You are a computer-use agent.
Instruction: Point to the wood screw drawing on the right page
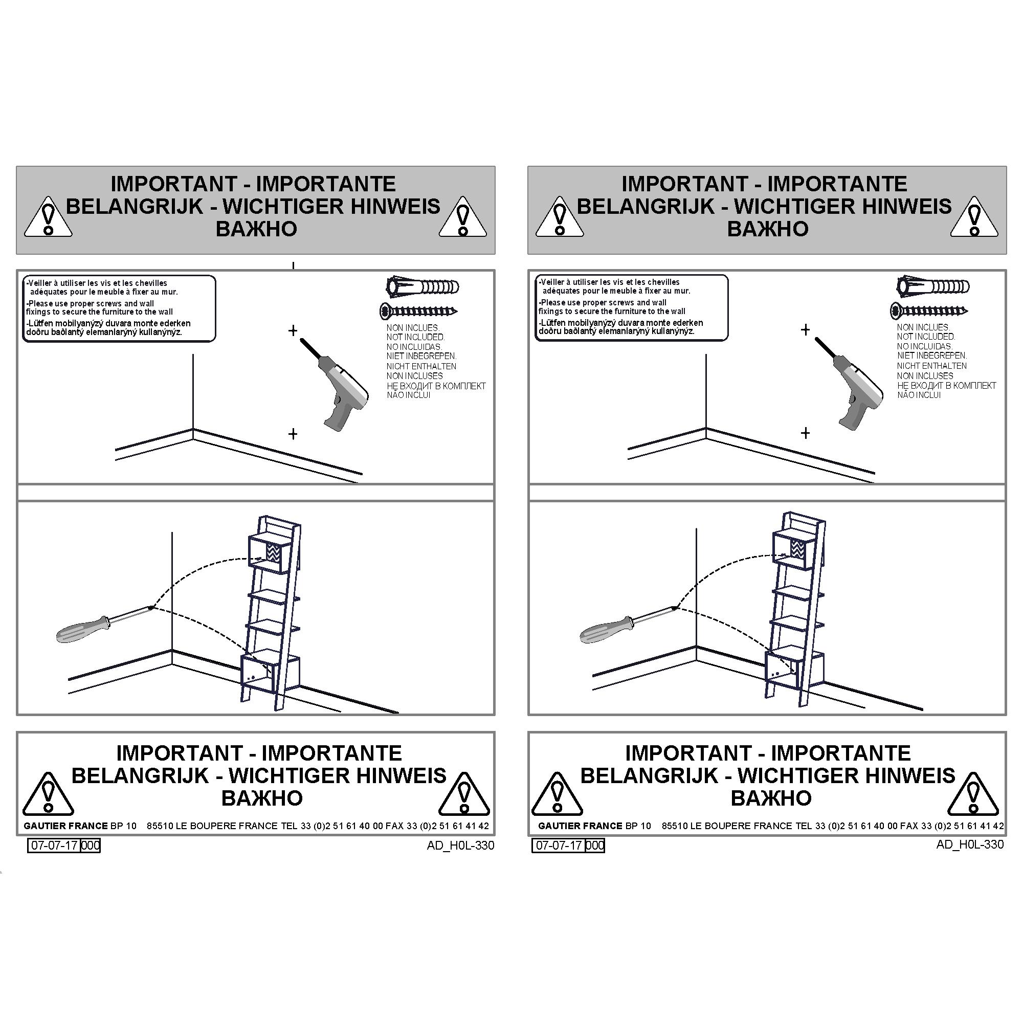tap(929, 311)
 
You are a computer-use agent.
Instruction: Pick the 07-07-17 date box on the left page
tap(54, 845)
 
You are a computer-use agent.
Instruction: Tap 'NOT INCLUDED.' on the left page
tap(416, 337)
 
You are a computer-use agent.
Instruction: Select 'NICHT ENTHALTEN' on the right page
tap(932, 366)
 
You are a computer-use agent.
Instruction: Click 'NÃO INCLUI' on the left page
tap(408, 395)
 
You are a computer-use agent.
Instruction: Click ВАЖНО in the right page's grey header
tap(768, 229)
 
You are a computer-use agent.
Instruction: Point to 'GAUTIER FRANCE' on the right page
tap(580, 826)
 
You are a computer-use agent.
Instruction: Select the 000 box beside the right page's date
tap(595, 845)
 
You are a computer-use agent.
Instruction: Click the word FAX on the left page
tap(394, 826)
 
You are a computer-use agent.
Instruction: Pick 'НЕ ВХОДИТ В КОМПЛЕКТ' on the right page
tap(947, 386)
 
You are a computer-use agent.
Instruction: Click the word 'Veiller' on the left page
tap(40, 283)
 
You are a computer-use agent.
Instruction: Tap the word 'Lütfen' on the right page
tap(552, 322)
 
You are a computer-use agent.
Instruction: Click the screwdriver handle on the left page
tap(82, 631)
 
